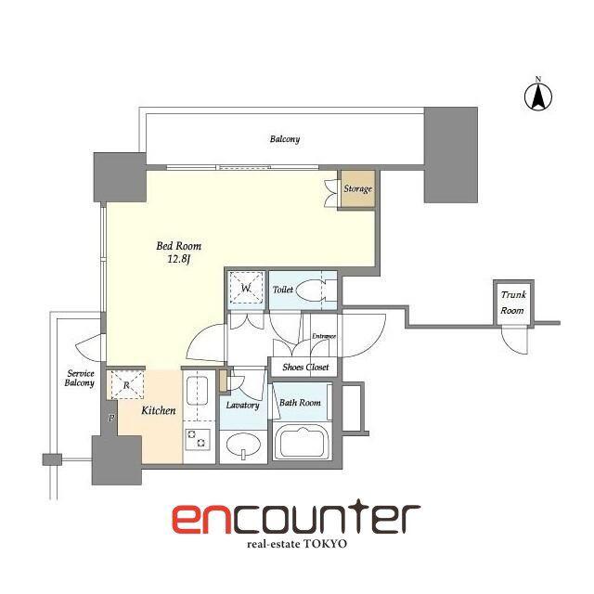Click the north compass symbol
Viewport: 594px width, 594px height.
click(538, 95)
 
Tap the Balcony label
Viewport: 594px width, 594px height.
click(285, 139)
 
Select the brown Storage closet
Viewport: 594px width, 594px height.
click(358, 188)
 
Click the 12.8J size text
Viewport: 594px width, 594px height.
click(179, 259)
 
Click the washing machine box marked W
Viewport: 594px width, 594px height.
click(247, 288)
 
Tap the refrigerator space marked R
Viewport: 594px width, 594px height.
click(127, 385)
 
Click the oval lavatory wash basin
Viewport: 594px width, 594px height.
click(243, 445)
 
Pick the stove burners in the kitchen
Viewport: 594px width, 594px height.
click(198, 439)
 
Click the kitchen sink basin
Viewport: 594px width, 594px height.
click(197, 390)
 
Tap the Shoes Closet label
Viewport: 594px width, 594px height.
click(305, 368)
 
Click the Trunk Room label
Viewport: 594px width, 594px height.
click(513, 303)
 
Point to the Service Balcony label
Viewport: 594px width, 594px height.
click(80, 378)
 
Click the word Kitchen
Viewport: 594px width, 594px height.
click(159, 410)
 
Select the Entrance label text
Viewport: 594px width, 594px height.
click(324, 336)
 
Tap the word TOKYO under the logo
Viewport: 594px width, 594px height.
click(326, 544)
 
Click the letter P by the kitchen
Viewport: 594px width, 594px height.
click(111, 419)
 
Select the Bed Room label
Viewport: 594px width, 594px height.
click(179, 246)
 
